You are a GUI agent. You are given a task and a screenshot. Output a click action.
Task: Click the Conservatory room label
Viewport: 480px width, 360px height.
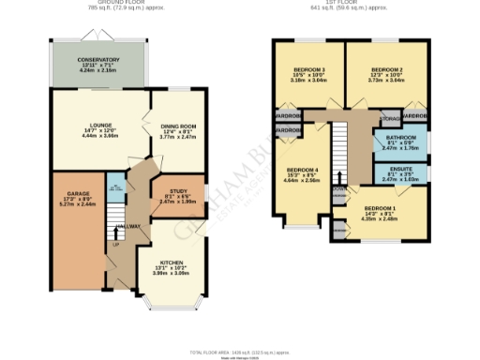pos(97,59)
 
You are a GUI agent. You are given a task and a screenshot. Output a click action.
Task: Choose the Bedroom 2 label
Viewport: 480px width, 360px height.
pos(385,70)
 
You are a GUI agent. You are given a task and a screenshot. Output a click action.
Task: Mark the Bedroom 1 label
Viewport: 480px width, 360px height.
pos(381,207)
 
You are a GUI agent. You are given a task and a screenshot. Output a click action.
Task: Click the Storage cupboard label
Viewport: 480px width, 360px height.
pos(390,119)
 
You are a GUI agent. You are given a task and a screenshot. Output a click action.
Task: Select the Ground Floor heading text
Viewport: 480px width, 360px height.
pos(97,4)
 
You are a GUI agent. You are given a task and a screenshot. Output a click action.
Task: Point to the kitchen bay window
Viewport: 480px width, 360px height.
pos(171,302)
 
